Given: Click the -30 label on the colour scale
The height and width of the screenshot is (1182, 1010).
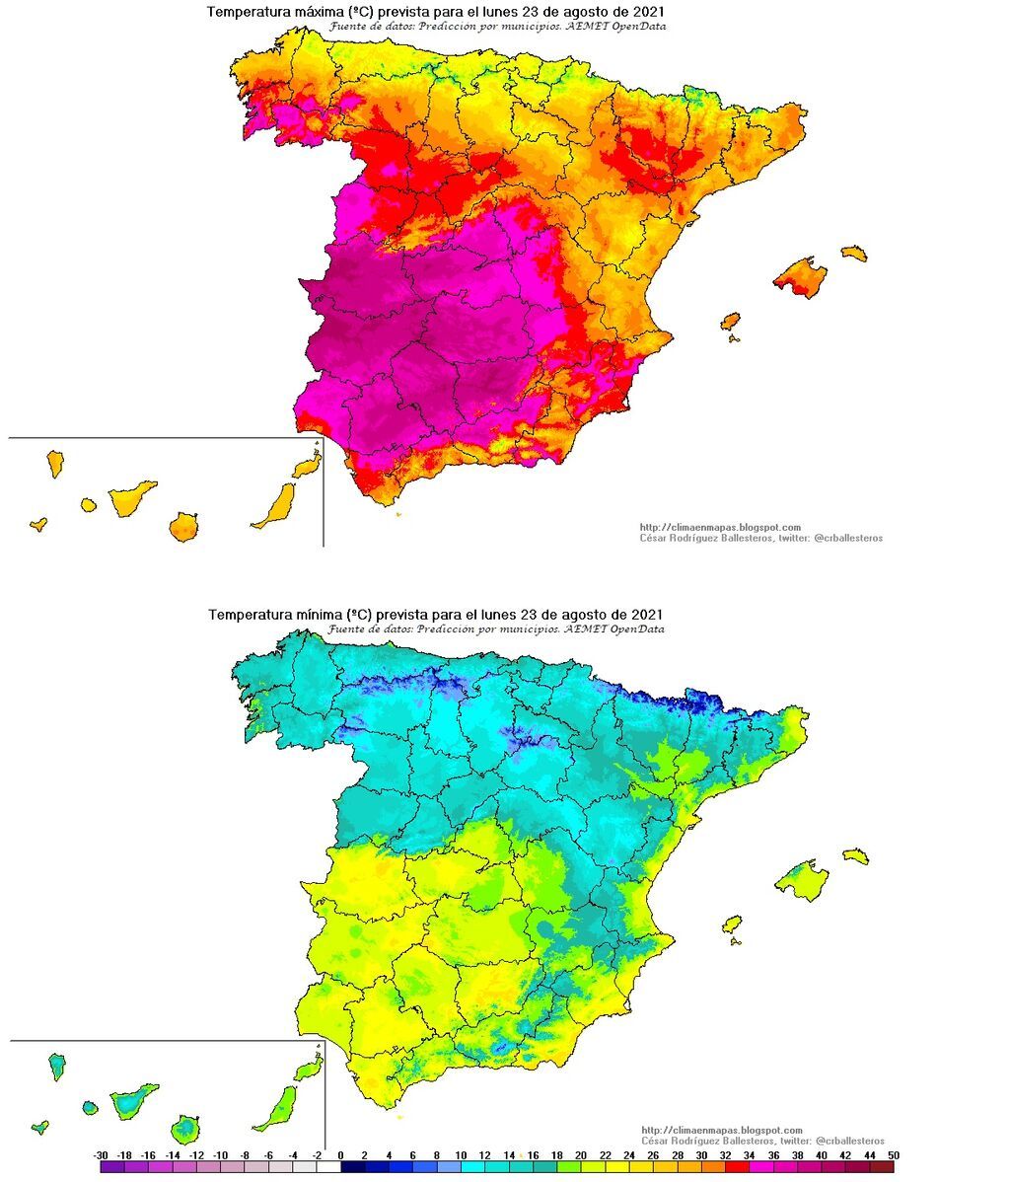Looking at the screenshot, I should pos(100,1154).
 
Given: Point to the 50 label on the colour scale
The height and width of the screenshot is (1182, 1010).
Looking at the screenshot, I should pos(893,1154).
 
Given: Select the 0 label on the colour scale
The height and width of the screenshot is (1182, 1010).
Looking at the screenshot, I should pos(340,1154).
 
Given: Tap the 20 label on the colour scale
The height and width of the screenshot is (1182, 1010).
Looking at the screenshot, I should pos(581,1154).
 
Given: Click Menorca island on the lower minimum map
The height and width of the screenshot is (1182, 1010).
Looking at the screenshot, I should pos(855,854).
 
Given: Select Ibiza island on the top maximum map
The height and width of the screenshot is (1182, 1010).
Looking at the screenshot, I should pos(730,322).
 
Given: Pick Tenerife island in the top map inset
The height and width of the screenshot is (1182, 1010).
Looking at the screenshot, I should pos(131,497).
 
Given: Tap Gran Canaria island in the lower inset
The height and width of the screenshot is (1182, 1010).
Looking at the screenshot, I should pos(184,1128).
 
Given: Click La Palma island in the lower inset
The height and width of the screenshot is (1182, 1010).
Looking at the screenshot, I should pos(57,1065).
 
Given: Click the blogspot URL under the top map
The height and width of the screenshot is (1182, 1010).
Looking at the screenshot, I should pos(720,527).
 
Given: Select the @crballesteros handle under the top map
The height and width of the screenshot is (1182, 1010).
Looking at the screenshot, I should pos(848,538).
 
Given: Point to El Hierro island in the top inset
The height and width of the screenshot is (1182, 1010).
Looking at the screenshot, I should pos(39,524).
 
